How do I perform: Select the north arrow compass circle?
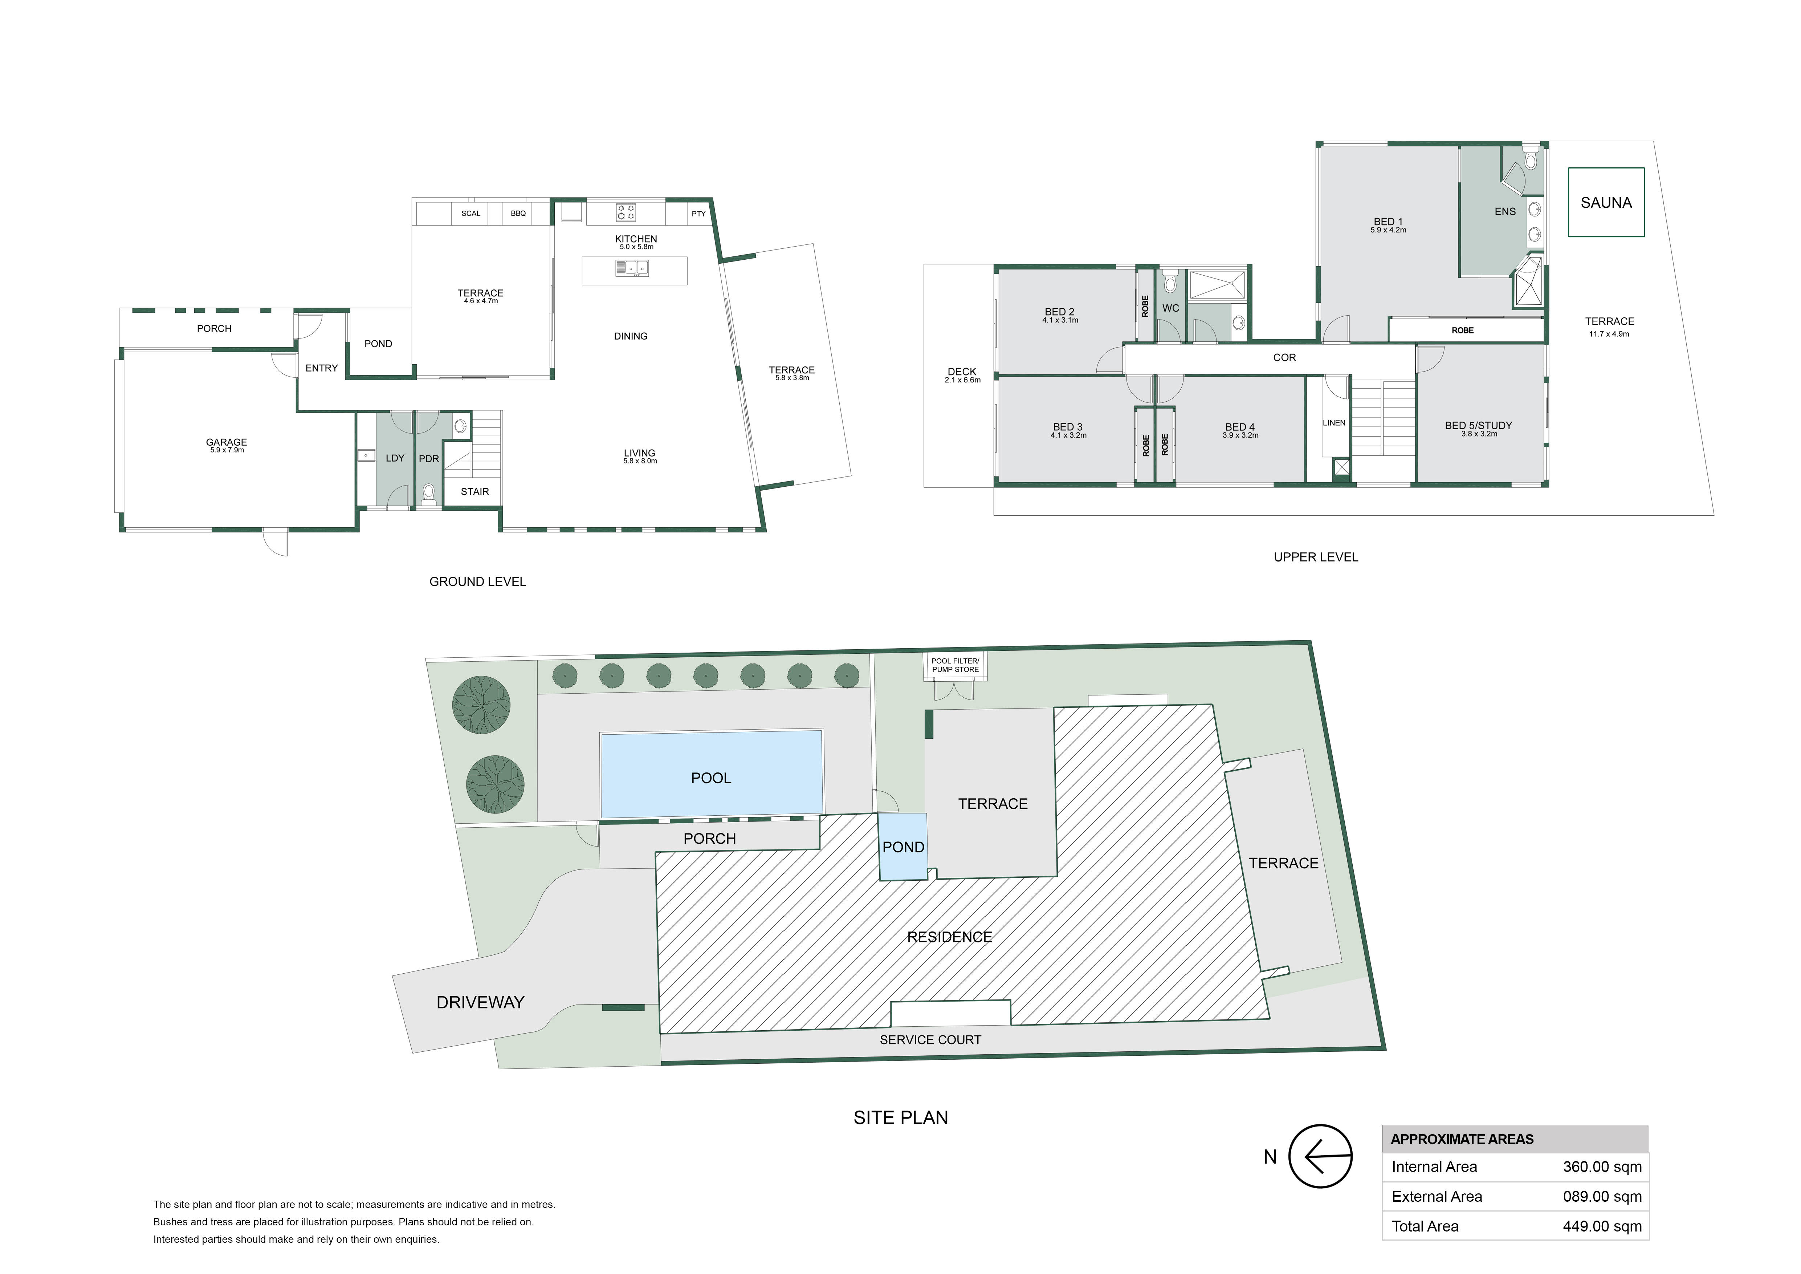(x=1321, y=1156)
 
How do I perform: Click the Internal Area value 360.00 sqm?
(x=1602, y=1167)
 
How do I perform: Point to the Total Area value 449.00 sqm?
(x=1602, y=1226)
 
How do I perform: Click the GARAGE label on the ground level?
(x=227, y=442)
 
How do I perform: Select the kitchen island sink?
(x=632, y=268)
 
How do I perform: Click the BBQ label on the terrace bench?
(x=518, y=214)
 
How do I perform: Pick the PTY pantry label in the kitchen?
(x=698, y=214)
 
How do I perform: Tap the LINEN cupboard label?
(x=1334, y=423)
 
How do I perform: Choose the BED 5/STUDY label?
(x=1479, y=425)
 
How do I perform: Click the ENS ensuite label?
(x=1505, y=211)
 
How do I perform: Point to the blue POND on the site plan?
(x=903, y=847)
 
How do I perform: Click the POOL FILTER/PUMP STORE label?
(x=955, y=665)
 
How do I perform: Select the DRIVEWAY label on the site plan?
(x=480, y=1002)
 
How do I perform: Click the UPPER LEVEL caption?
(x=1316, y=557)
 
